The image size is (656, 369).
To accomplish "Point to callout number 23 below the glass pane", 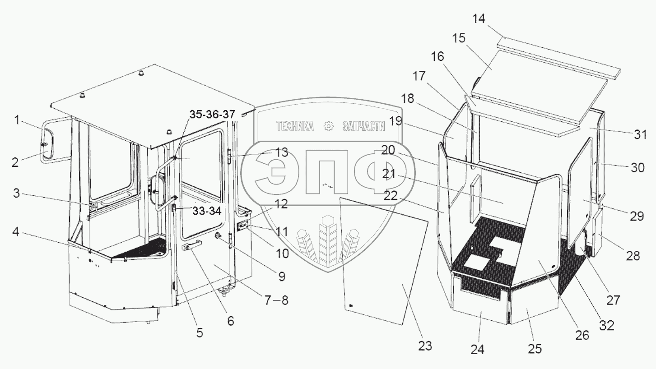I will click(425, 346).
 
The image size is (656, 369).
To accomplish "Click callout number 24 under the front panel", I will click(478, 349).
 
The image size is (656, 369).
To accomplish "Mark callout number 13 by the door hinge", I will click(282, 152).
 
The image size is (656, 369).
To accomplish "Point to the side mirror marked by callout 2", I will click(47, 143).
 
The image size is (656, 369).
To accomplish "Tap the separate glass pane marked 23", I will click(384, 262).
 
